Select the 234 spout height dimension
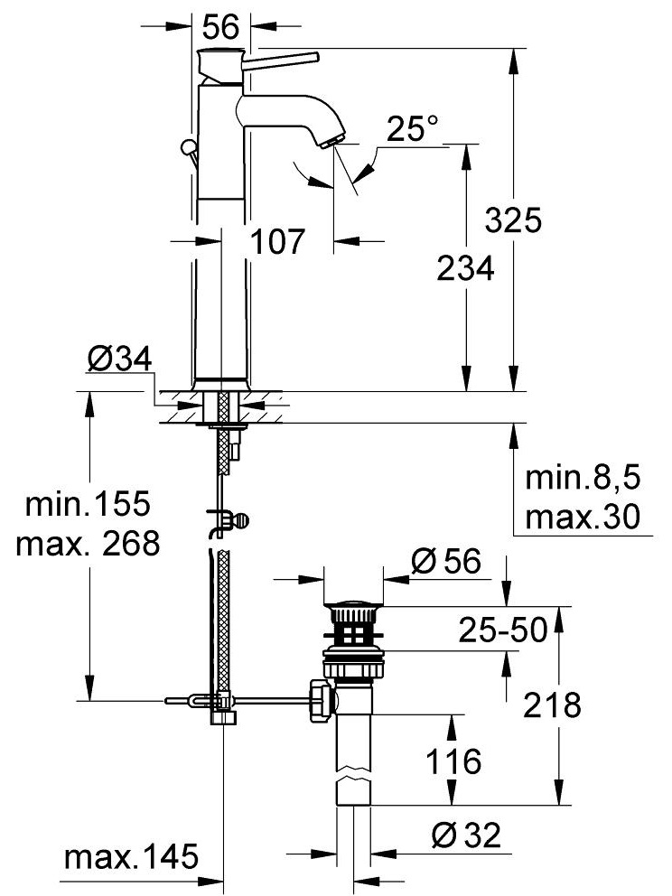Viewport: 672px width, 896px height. coord(465,268)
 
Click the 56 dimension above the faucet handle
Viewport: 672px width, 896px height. coord(221,27)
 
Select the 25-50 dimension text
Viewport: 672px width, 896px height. coord(502,630)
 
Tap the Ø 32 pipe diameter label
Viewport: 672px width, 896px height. coord(466,836)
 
